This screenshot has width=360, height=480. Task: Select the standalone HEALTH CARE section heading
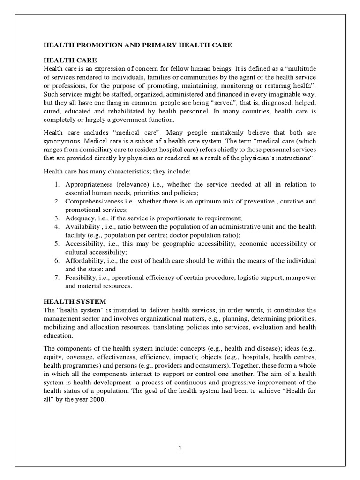(x=70, y=60)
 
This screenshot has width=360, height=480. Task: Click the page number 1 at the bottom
(x=180, y=448)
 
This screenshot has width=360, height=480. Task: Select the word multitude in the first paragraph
(x=300, y=69)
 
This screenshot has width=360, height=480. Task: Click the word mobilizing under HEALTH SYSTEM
(x=61, y=327)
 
